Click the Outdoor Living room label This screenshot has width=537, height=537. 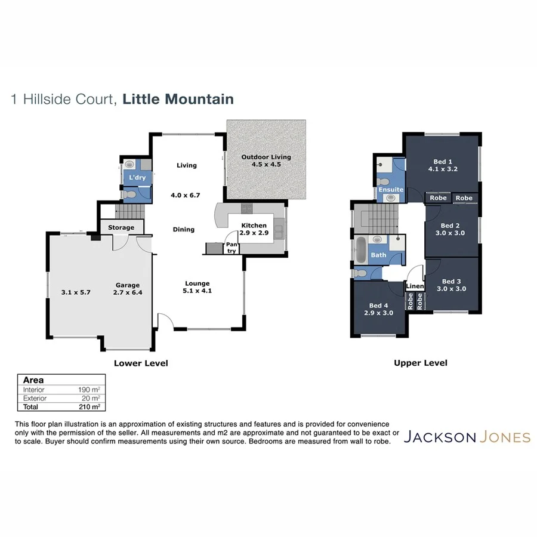coord(266,161)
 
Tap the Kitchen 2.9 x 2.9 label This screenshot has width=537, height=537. coord(254,229)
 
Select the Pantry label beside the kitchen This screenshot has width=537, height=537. coord(230,247)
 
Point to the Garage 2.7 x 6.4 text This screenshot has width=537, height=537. coord(127,289)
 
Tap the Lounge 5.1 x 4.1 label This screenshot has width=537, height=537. coord(197,287)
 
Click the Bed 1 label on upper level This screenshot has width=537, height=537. coord(442,165)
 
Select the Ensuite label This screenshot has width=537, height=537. coord(391,190)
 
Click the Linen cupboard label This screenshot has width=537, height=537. coord(415,286)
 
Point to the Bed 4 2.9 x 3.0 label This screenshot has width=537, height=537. coord(379,308)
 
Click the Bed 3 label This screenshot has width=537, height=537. coord(451,285)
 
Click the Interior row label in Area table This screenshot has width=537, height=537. coord(35,389)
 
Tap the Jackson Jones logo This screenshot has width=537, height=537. coord(467,437)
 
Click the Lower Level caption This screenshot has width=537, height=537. coord(141,363)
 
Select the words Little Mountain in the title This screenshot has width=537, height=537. coord(178,99)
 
